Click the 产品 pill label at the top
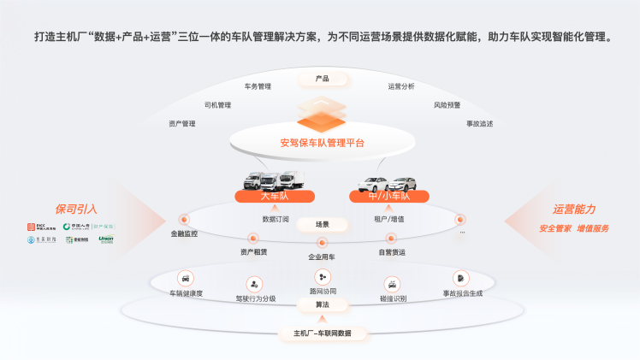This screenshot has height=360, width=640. tap(322, 79)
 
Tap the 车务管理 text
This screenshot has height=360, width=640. tap(258, 86)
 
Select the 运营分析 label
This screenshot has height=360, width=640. tap(401, 86)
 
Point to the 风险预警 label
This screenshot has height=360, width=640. tap(447, 105)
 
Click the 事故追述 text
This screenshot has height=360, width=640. tap(479, 123)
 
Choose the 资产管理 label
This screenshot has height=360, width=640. tap(182, 123)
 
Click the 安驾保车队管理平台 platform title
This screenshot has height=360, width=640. tap(322, 143)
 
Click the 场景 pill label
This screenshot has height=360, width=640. tap(322, 224)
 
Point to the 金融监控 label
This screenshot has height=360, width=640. tap(184, 233)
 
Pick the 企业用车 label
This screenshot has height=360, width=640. tap(322, 256)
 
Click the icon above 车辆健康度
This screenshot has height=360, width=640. tap(186, 278)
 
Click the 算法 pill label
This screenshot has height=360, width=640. tap(322, 305)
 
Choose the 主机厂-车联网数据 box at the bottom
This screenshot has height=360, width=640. tap(322, 333)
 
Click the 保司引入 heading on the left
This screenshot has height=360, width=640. tap(76, 209)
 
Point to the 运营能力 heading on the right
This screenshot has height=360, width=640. tap(574, 209)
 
